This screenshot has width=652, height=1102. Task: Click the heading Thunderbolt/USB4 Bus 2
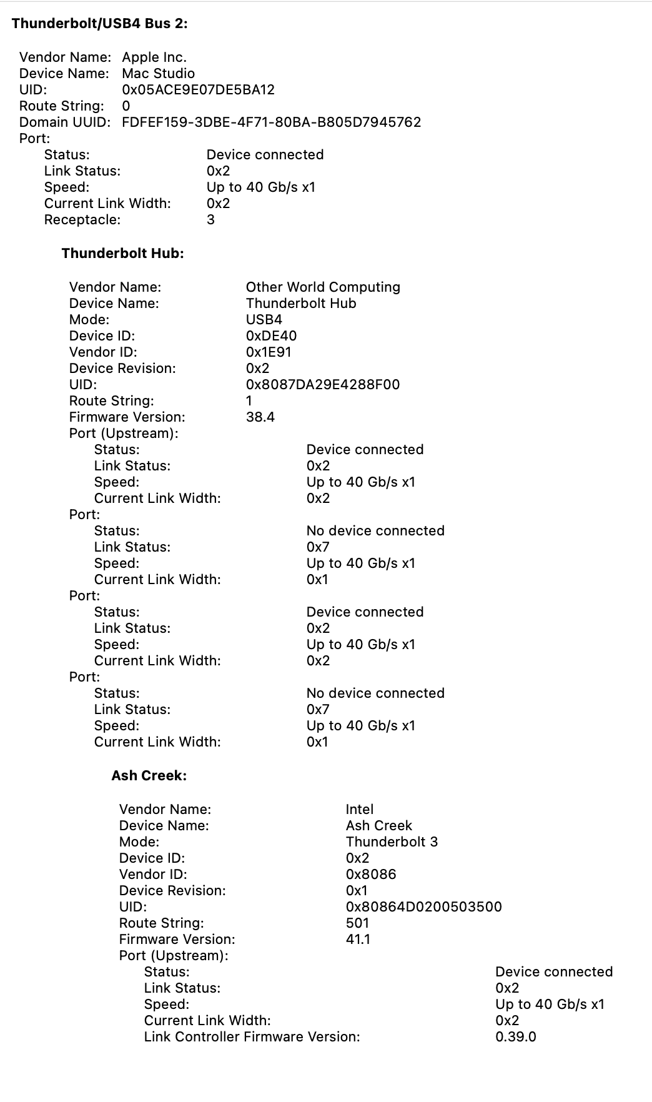click(x=100, y=24)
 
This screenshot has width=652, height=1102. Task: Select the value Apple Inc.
click(x=154, y=57)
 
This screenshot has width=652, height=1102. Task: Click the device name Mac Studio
click(x=158, y=74)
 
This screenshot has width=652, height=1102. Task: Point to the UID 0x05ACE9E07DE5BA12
click(x=198, y=90)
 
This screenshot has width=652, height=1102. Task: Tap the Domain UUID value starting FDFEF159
click(x=271, y=122)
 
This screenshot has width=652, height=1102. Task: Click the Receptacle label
click(x=82, y=220)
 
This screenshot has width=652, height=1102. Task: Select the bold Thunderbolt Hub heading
click(x=122, y=254)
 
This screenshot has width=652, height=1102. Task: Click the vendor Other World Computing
click(x=323, y=287)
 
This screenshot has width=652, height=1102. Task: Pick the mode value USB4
click(x=264, y=320)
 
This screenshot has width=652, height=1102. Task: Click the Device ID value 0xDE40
click(x=271, y=336)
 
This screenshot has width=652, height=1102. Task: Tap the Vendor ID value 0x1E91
click(x=269, y=352)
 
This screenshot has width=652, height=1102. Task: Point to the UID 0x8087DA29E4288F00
click(x=322, y=385)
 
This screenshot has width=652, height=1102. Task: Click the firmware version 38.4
click(x=260, y=417)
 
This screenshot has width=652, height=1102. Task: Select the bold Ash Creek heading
click(x=149, y=776)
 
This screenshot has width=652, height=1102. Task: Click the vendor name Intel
click(x=359, y=810)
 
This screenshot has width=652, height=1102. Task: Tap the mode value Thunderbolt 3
click(x=392, y=842)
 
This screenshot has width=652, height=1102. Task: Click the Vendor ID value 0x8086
click(x=370, y=875)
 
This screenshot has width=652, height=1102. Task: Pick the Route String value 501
click(x=357, y=923)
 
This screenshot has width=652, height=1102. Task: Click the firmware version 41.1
click(x=357, y=940)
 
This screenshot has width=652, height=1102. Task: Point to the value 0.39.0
click(x=515, y=1037)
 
